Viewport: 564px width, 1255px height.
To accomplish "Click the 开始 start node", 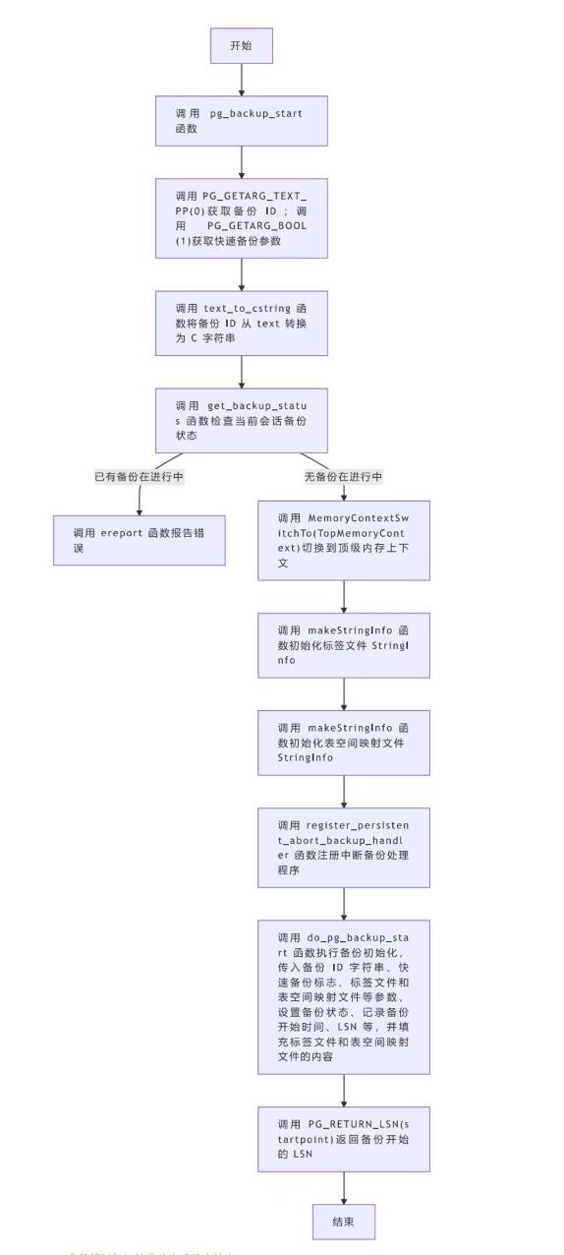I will coord(241,45).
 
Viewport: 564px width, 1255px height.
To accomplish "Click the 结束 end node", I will coord(344,1221).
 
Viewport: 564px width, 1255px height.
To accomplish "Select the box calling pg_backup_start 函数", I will coord(241,121).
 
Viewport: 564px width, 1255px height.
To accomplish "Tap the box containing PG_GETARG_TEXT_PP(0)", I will coord(241,218).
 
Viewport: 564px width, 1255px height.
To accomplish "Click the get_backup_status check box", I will coord(241,420).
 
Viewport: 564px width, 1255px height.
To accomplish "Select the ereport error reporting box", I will coord(139,540).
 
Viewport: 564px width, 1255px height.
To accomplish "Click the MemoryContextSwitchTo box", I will coord(344,540).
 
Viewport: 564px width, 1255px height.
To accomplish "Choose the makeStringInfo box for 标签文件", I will coord(344,645).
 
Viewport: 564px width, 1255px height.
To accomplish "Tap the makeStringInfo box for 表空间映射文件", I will coord(344,743).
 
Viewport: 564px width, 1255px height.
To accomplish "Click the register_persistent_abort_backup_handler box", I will coord(344,848).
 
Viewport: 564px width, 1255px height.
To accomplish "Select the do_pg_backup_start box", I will coord(344,997).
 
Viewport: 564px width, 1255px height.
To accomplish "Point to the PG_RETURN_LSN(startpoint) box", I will coord(344,1139).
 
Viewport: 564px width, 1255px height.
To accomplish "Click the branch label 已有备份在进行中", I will coord(139,477).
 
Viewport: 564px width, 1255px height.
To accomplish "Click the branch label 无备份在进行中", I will coord(344,477).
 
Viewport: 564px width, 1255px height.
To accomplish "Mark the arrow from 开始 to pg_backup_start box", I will coord(241,79).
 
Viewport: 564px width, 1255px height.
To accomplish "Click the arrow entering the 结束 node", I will coord(344,1187).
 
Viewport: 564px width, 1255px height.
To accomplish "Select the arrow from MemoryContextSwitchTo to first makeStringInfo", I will coord(344,597).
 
